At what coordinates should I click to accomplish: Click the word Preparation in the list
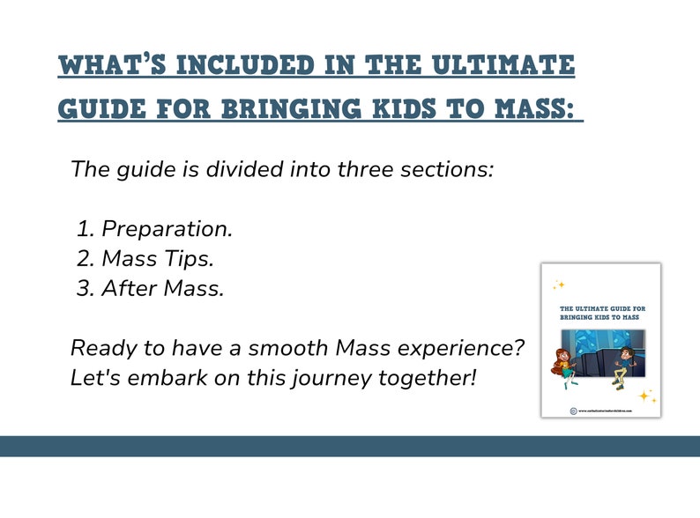point(168,229)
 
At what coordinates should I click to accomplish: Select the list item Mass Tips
point(158,258)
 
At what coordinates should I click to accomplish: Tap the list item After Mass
point(163,287)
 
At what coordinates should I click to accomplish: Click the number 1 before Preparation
point(85,229)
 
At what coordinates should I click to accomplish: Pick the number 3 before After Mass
point(85,287)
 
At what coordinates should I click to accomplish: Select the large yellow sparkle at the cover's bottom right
point(646,396)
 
